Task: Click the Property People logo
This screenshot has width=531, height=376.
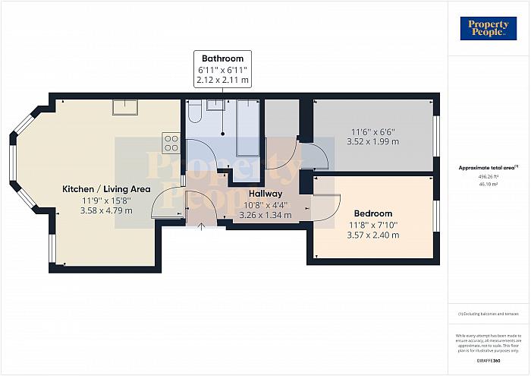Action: point(489,28)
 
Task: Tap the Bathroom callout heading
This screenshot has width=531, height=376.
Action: point(222,58)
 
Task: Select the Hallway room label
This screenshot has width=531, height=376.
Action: point(264,194)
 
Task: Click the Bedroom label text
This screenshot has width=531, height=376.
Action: point(372,213)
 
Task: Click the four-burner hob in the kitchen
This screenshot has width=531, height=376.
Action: point(171,144)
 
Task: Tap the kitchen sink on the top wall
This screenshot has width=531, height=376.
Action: point(124,106)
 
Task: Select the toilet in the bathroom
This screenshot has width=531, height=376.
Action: point(194,112)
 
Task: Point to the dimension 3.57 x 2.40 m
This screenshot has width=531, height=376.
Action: point(372,235)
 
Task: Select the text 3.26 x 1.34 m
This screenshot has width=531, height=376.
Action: point(265,215)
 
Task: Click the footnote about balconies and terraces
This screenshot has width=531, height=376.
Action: point(489,314)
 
